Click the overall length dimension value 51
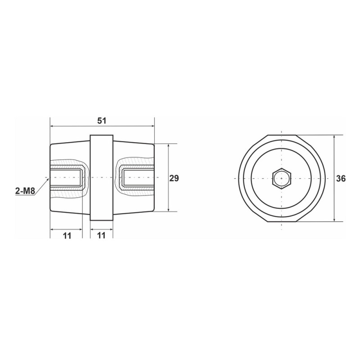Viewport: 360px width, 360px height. coord(102,121)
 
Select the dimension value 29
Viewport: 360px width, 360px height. coord(174,178)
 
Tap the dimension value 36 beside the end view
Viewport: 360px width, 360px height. coord(341,179)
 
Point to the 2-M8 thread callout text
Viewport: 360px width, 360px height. coord(25,191)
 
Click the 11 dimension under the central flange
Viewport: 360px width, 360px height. coord(101,236)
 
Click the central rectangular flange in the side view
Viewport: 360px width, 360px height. coord(101,178)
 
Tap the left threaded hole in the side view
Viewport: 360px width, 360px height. coord(67,178)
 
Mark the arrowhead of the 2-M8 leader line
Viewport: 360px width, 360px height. coord(47,179)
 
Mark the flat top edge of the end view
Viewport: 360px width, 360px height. coord(282,135)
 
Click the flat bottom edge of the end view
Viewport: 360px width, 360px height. coord(282,222)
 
